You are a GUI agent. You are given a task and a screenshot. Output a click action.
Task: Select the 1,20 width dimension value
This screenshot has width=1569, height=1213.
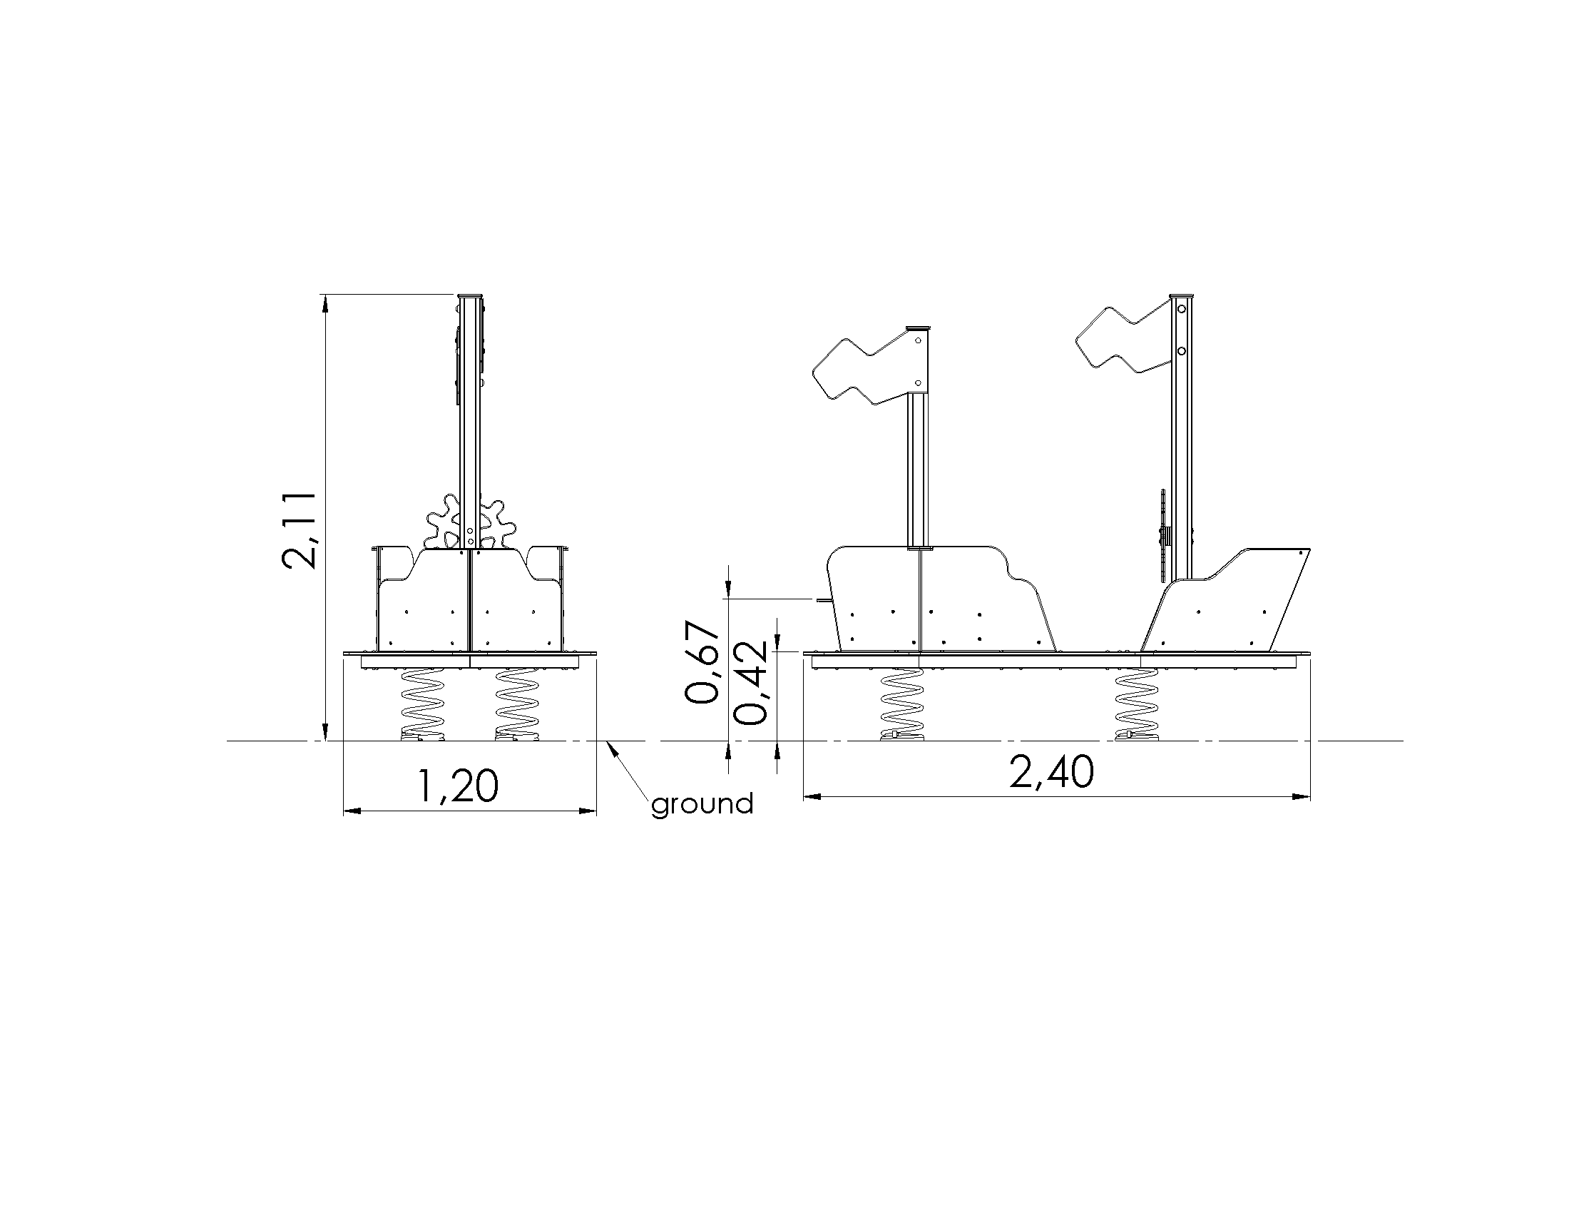click(x=457, y=786)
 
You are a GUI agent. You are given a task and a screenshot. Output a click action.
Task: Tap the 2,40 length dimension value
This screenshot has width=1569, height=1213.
click(x=1052, y=773)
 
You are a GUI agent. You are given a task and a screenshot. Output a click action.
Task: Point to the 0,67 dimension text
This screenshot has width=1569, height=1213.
click(x=702, y=664)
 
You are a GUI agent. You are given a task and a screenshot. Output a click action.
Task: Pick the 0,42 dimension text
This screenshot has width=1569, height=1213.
click(x=752, y=683)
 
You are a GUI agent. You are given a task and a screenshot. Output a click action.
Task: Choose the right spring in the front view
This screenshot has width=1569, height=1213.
click(x=516, y=704)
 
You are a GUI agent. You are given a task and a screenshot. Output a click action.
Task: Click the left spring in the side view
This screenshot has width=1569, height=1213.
click(x=901, y=704)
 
